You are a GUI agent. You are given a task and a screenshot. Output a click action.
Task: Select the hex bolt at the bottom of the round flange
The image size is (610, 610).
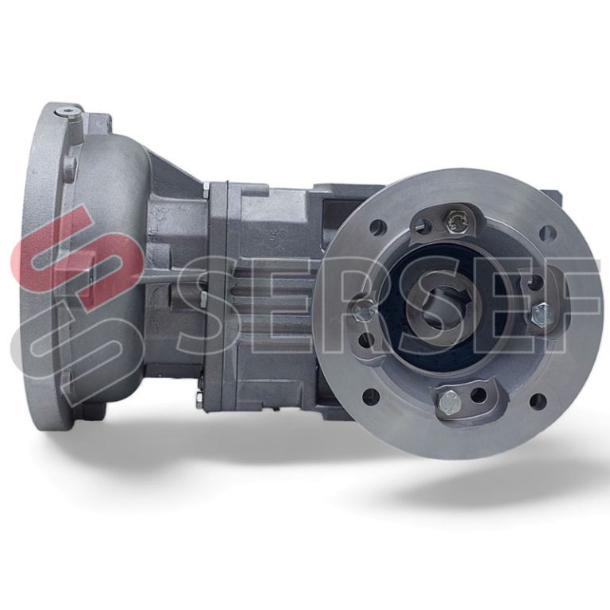(450, 402)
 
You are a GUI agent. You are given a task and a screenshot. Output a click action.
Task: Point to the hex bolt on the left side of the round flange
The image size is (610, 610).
(363, 311)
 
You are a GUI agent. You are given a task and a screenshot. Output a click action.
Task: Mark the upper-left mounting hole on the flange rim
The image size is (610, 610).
(378, 226)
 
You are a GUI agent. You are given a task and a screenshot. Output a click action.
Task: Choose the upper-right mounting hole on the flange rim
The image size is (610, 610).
(546, 233)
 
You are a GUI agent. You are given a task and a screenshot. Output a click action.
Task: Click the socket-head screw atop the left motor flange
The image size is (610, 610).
(67, 112)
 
